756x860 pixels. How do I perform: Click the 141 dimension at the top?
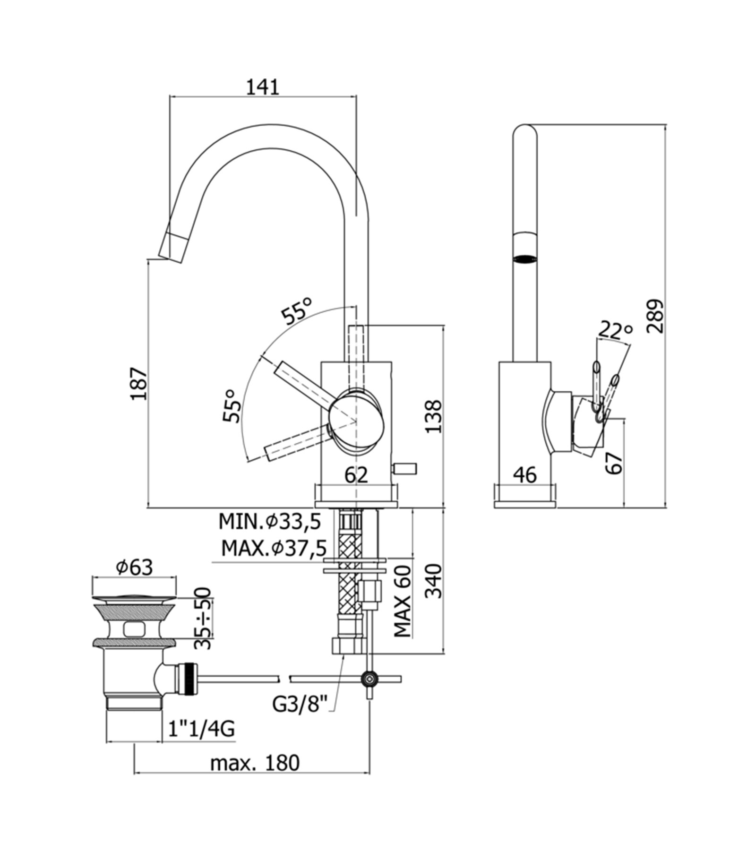tap(263, 87)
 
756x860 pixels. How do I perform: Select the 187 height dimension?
tap(140, 383)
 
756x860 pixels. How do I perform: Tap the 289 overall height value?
tap(655, 316)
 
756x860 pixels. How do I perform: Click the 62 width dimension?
tap(356, 475)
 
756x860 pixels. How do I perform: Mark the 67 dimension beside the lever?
tap(614, 463)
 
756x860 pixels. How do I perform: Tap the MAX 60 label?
tap(403, 601)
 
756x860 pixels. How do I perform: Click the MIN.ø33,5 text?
tap(270, 522)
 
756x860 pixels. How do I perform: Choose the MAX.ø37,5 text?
tap(274, 548)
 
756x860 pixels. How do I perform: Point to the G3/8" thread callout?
tap(300, 705)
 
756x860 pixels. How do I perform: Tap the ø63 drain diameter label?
tap(135, 567)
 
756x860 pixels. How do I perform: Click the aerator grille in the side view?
tap(525, 258)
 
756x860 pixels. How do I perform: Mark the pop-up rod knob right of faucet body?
tap(406, 468)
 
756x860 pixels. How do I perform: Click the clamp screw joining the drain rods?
tap(369, 679)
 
